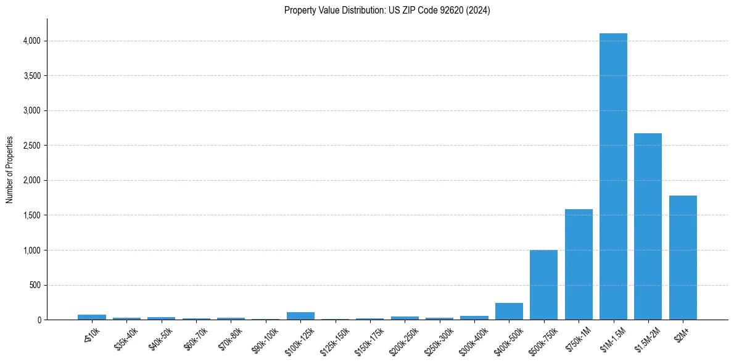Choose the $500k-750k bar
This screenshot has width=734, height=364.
pyautogui.click(x=543, y=284)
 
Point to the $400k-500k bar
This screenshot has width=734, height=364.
pyautogui.click(x=509, y=311)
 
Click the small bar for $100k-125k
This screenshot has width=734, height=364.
pyautogui.click(x=300, y=316)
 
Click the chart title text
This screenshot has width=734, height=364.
pyautogui.click(x=387, y=10)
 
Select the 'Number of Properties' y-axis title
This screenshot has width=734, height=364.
pyautogui.click(x=10, y=170)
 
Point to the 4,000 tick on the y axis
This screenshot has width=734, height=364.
pyautogui.click(x=31, y=41)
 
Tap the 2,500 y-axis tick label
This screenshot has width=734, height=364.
pyautogui.click(x=31, y=146)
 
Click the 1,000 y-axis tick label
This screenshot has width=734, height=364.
pyautogui.click(x=31, y=250)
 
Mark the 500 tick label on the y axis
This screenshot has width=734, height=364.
pyautogui.click(x=35, y=286)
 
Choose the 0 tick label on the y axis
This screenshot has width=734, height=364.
pyautogui.click(x=39, y=320)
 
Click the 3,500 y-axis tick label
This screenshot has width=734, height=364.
pyautogui.click(x=31, y=76)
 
